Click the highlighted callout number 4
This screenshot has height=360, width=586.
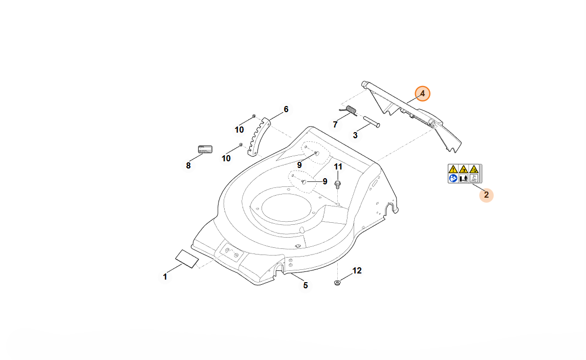(423, 94)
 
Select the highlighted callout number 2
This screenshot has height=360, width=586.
(486, 195)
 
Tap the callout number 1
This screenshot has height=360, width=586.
(165, 277)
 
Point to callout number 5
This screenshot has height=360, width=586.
(306, 285)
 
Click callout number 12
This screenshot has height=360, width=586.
(357, 270)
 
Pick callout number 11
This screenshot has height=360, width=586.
(338, 167)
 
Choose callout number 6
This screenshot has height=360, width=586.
(286, 109)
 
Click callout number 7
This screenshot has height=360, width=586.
(335, 124)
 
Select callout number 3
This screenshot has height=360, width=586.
(355, 135)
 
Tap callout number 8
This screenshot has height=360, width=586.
(188, 165)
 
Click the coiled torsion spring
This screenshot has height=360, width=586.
(351, 110)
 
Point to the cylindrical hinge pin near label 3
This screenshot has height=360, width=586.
(371, 123)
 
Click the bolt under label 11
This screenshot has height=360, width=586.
(338, 184)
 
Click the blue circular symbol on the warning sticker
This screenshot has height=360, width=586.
(453, 178)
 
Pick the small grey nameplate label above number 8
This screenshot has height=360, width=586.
(205, 149)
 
